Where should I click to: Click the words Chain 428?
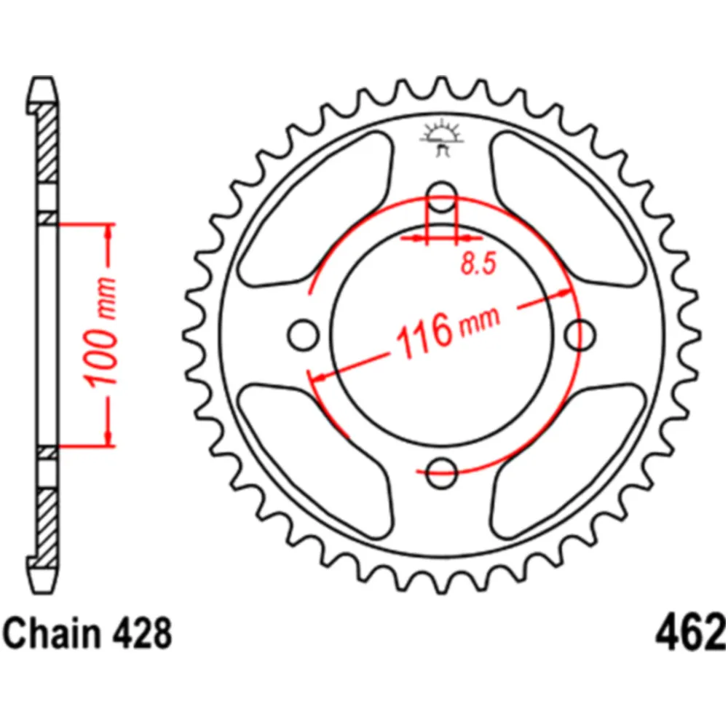(x=88, y=634)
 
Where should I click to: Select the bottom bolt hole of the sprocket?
(x=441, y=475)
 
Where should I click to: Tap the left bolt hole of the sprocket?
(x=302, y=335)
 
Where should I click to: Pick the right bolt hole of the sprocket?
(x=580, y=335)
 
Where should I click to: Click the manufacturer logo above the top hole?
(x=441, y=138)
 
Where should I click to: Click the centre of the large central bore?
(x=441, y=335)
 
